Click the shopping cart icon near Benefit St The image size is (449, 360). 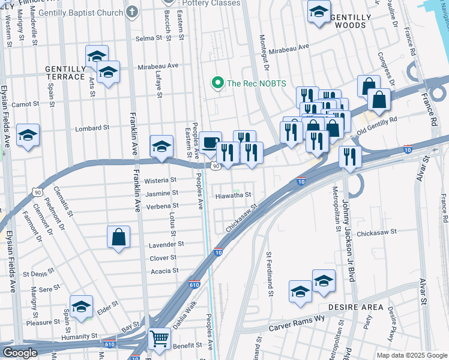159,338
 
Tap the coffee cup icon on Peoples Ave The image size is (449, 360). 210,143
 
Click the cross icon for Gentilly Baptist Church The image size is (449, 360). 131,12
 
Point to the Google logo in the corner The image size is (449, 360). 20,353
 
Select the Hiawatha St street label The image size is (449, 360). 234,195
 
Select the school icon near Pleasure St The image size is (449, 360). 81,307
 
